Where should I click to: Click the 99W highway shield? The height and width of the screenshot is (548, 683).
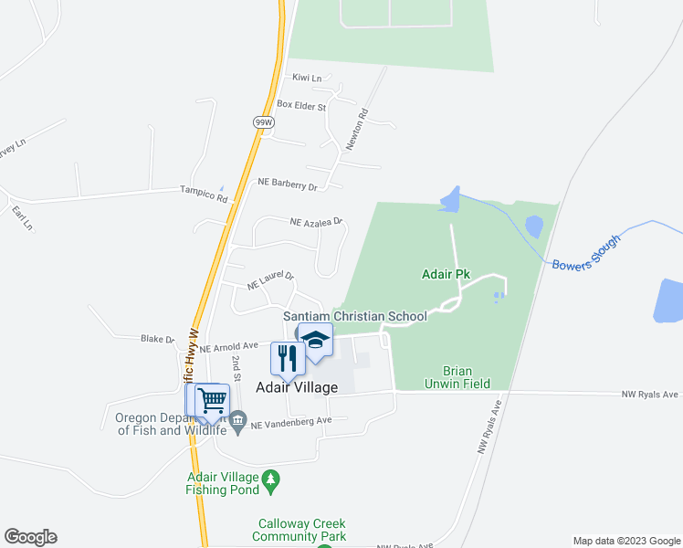point(264,121)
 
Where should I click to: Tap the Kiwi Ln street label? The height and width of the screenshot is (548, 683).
point(307,79)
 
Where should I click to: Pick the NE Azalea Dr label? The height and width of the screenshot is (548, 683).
point(315,222)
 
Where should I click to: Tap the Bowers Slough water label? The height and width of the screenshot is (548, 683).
point(586,252)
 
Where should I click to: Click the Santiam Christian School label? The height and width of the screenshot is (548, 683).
point(354,316)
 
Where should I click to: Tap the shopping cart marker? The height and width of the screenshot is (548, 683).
point(212,400)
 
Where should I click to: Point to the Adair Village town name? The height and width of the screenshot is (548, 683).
point(296,387)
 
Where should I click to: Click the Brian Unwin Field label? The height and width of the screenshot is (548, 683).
point(466,377)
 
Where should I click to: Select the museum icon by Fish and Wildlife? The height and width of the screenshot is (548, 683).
point(237,421)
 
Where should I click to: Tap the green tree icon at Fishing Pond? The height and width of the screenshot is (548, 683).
point(270,479)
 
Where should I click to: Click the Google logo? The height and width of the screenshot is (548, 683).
point(30,537)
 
